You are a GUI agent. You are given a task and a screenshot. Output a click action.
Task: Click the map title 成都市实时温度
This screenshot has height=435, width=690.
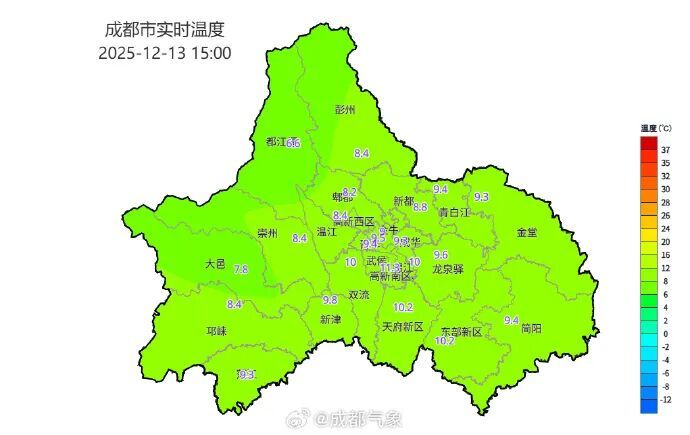click(165, 30)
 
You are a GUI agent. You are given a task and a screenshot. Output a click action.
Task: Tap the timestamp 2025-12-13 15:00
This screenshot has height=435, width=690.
click(165, 52)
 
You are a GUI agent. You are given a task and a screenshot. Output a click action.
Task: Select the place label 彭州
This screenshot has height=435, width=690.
click(346, 110)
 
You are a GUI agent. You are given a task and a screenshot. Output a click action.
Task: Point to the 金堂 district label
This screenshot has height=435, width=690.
click(527, 232)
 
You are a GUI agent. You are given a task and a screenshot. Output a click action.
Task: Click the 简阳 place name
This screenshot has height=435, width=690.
click(532, 328)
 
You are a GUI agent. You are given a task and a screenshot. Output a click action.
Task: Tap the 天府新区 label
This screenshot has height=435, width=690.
click(403, 327)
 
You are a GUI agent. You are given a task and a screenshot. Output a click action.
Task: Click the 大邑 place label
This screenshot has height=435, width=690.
click(215, 264)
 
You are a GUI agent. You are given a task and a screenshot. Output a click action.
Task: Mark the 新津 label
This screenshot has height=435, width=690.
click(330, 319)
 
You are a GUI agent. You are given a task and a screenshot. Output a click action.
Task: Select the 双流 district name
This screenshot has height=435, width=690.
click(358, 295)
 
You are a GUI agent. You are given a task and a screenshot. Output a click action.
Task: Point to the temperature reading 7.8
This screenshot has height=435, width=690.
click(241, 270)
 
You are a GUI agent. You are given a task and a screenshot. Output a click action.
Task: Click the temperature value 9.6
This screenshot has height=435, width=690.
click(440, 255)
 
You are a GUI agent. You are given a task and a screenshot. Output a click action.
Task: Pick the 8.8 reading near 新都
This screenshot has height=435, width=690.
click(420, 207)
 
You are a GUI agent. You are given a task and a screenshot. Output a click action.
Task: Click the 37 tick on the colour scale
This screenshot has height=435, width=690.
click(665, 149)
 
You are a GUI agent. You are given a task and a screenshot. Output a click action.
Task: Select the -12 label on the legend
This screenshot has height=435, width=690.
click(666, 398)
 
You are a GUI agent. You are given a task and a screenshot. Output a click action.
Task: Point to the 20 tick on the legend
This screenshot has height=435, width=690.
click(665, 242)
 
